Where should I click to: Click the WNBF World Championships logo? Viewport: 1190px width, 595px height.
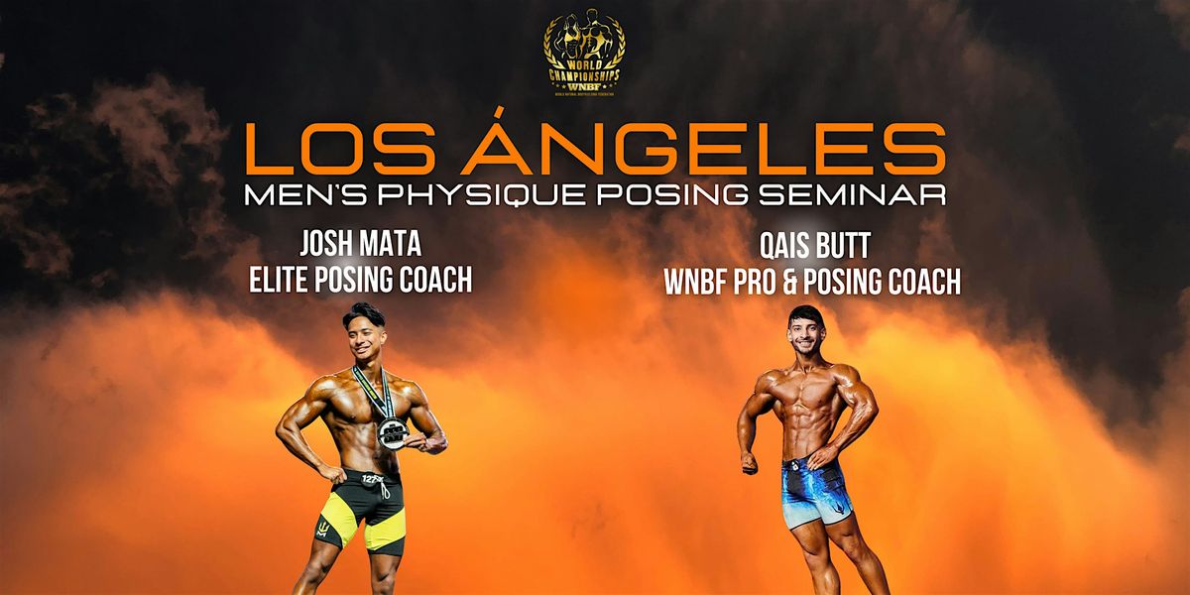pos(584,56)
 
